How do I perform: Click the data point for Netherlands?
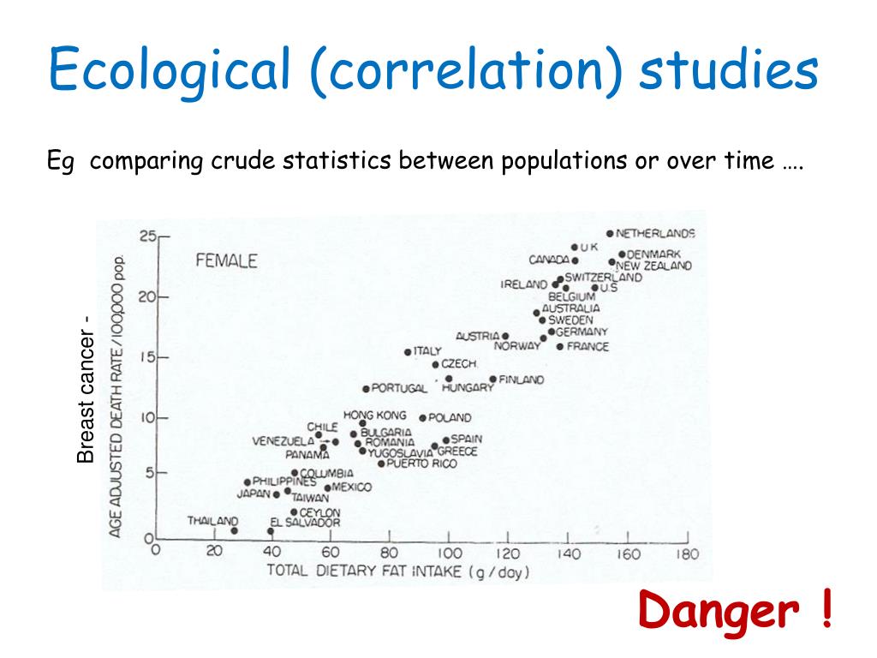(610, 233)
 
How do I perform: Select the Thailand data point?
(234, 531)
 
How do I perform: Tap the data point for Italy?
(408, 352)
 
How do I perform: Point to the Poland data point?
(422, 418)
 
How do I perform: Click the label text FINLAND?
(521, 380)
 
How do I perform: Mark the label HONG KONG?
(374, 416)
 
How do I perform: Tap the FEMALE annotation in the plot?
(226, 261)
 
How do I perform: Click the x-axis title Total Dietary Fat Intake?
(397, 571)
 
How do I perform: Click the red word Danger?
(719, 612)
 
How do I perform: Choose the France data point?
(560, 347)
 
